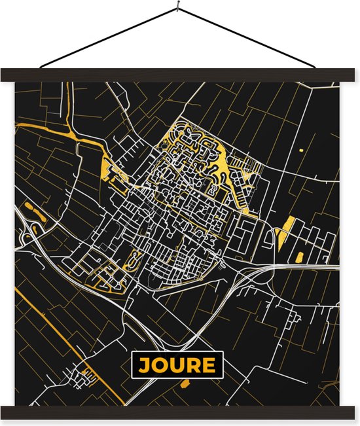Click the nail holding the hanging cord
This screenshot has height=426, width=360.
coord(178,7)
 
